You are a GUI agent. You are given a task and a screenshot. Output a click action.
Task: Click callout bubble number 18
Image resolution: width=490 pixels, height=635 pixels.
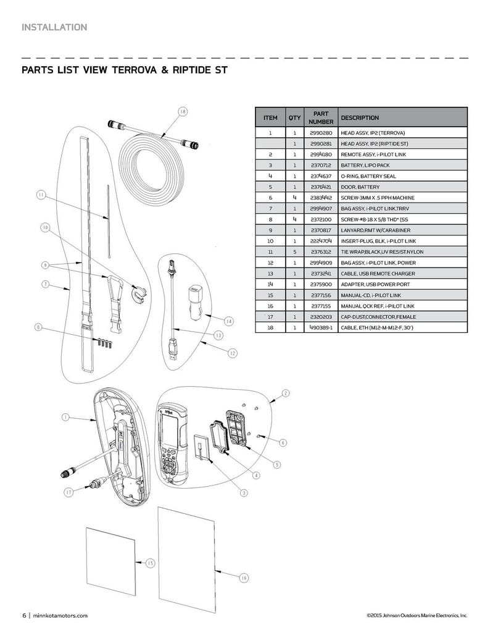pos(182,112)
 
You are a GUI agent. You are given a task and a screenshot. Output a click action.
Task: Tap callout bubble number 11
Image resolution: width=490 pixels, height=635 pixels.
pos(41,196)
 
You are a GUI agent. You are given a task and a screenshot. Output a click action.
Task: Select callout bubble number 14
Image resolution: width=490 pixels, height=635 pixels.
pos(228,321)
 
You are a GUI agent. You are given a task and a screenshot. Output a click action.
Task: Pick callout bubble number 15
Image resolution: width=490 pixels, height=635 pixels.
pos(150,563)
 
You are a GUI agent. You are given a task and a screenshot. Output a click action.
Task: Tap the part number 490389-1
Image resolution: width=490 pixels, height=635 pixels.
pos(320,327)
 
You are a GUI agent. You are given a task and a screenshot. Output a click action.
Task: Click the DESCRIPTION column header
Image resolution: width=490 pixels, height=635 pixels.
pos(360,117)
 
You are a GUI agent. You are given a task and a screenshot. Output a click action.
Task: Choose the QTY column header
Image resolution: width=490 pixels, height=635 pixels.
pos(294,117)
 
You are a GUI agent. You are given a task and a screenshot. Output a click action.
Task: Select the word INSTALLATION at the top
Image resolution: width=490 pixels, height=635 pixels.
pos(54,27)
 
